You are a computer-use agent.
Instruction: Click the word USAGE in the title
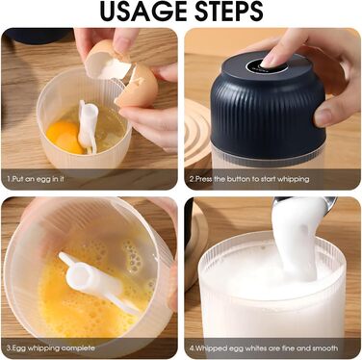pyautogui.click(x=144, y=12)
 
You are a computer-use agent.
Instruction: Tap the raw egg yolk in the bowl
pyautogui.click(x=65, y=137)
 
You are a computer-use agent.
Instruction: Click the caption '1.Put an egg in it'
pyautogui.click(x=36, y=179)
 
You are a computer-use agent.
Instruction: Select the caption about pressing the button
pyautogui.click(x=249, y=179)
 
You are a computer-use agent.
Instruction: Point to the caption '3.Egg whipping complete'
pyautogui.click(x=51, y=348)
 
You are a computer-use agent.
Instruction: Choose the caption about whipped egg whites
pyautogui.click(x=263, y=348)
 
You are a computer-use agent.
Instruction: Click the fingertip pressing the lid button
pyautogui.click(x=271, y=60)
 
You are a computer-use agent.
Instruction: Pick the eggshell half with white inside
pyautogui.click(x=107, y=62)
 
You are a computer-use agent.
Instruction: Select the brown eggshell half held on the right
pyautogui.click(x=138, y=86)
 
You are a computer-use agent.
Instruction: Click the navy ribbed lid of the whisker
pyautogui.click(x=268, y=106)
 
